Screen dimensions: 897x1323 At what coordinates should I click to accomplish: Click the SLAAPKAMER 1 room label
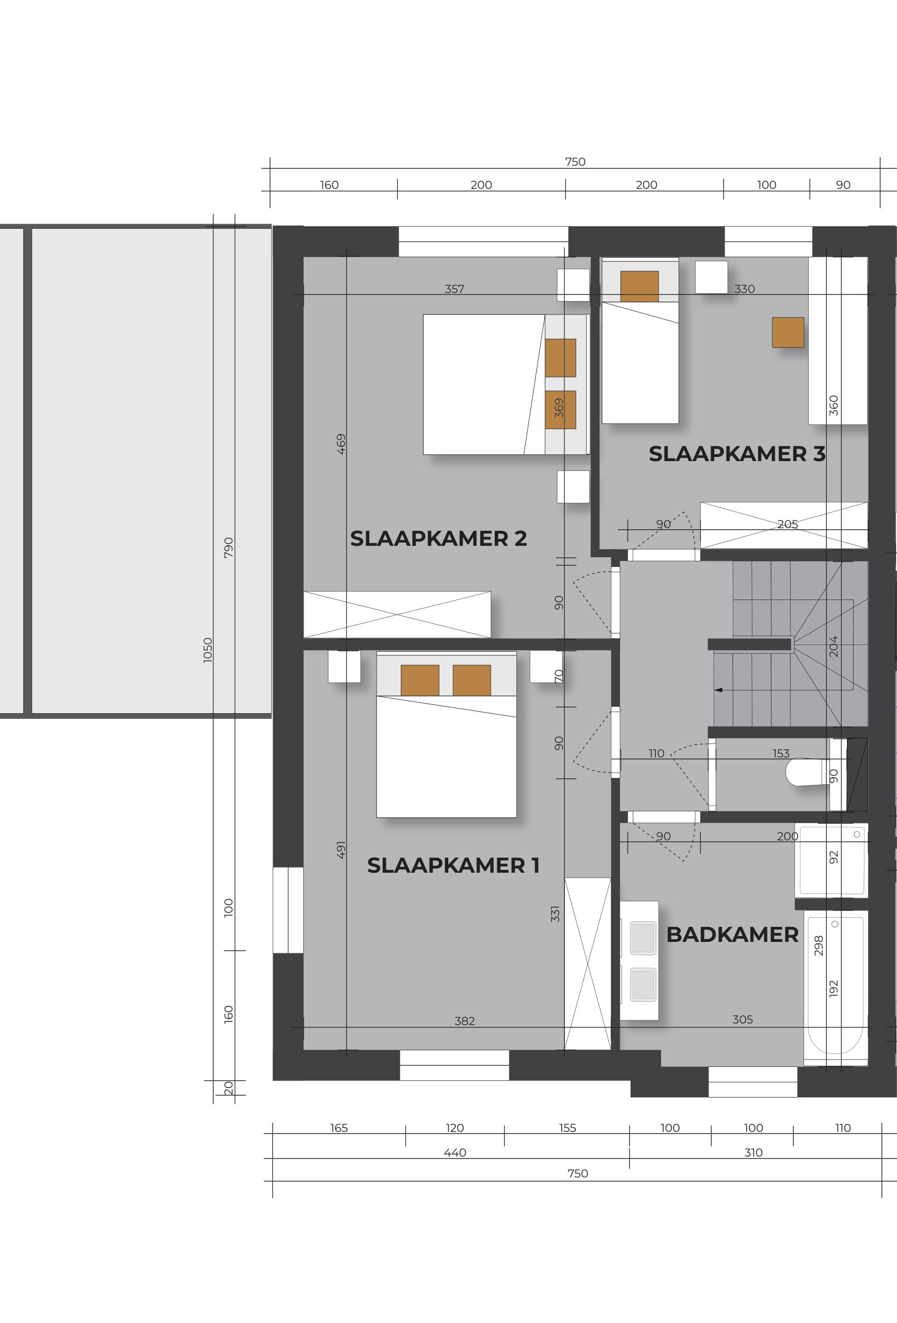pos(453,865)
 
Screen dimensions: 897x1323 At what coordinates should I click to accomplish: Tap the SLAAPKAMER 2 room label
pos(438,538)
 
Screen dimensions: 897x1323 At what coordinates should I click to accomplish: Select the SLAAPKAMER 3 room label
pos(737,454)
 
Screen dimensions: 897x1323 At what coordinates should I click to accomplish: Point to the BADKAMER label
pos(732,935)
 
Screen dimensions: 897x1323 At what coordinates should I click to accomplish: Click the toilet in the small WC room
pos(807,772)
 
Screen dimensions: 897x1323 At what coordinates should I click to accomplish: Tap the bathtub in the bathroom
pos(836,988)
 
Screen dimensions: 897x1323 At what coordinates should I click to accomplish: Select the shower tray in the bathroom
pos(831,861)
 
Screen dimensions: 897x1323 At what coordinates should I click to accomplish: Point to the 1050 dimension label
pos(208,650)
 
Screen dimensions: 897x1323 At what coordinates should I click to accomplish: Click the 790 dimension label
pos(228,548)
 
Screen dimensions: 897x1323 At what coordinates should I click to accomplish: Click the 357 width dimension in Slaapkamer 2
pos(454,289)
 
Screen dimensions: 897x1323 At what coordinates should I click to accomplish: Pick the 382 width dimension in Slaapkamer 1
pos(464,1021)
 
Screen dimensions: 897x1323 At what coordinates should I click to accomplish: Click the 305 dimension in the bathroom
pos(742,1019)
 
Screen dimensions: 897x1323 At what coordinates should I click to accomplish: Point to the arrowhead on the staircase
pos(718,690)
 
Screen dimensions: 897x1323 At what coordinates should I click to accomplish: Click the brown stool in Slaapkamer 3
pos(788,333)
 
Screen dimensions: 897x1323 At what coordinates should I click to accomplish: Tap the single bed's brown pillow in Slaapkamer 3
pos(639,287)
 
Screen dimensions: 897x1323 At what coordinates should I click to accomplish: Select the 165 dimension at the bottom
pos(339,1128)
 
